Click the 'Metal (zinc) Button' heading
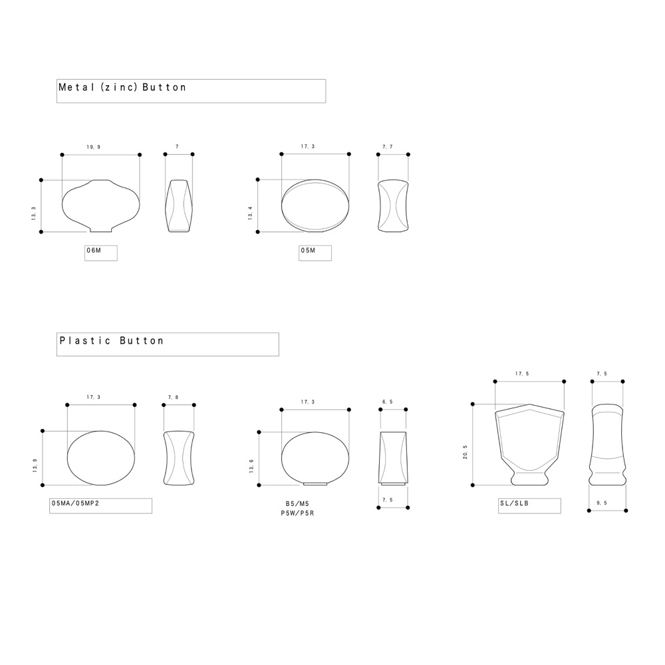[122, 87]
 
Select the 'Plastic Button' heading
[112, 340]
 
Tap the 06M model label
[94, 250]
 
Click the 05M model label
[308, 250]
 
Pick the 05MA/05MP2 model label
[75, 503]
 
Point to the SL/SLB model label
[514, 503]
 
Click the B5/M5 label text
[297, 503]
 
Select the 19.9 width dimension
[93, 147]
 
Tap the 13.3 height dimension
[33, 213]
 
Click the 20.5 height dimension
[465, 452]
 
